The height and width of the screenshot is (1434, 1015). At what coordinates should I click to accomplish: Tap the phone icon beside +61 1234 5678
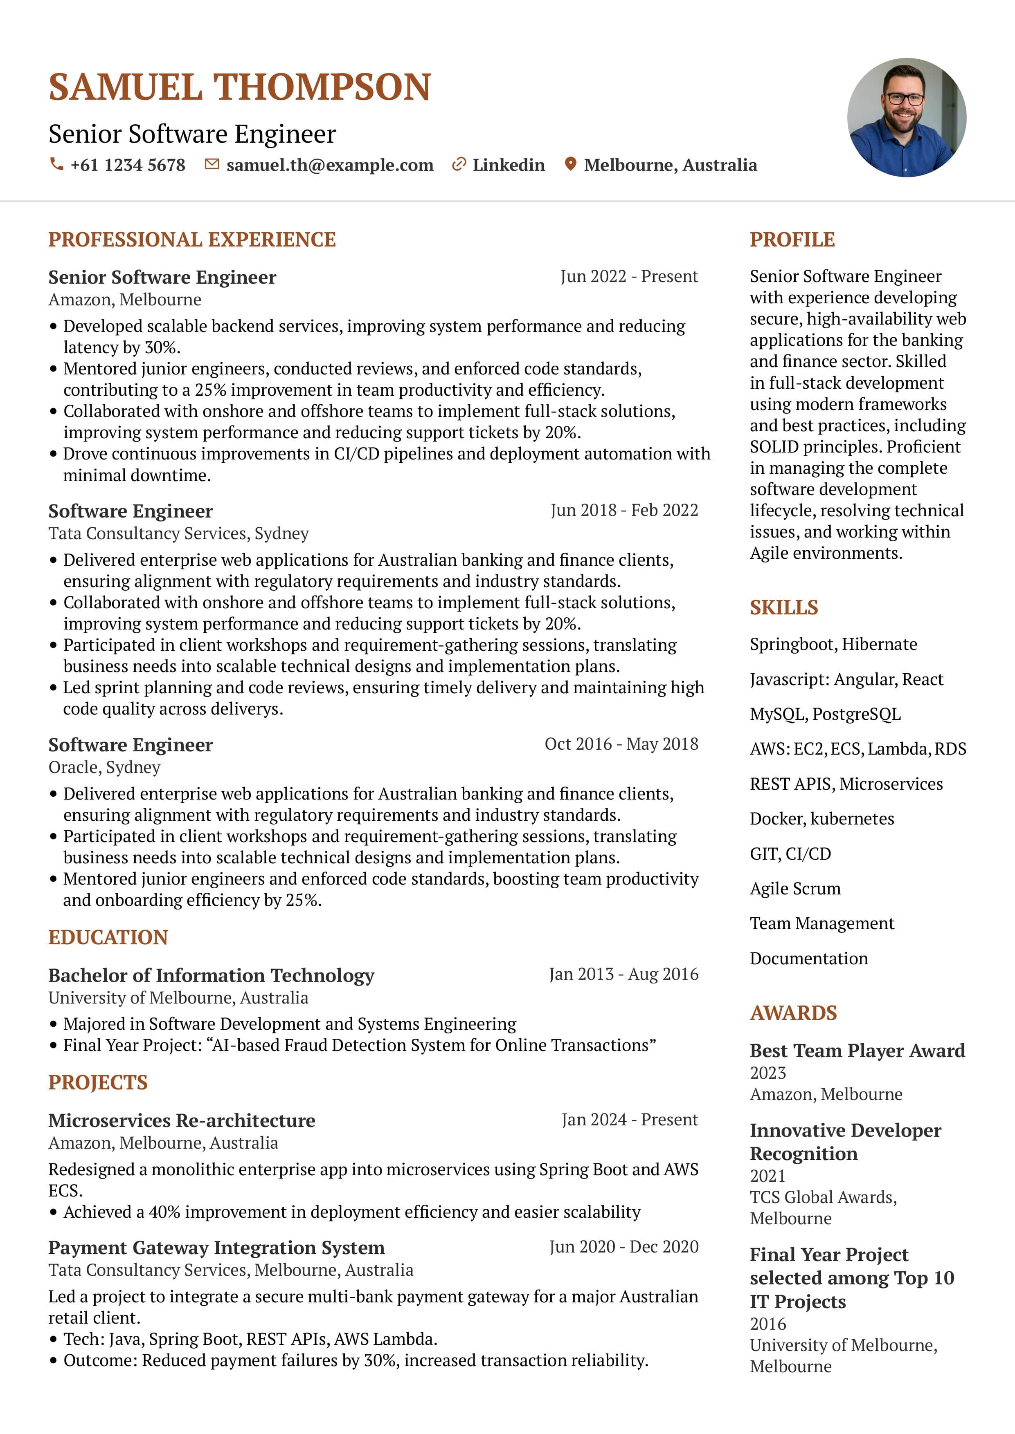coord(56,164)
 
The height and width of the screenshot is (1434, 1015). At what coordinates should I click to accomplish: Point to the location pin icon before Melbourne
coord(570,164)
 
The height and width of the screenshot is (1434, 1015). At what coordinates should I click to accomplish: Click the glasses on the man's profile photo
coord(905,99)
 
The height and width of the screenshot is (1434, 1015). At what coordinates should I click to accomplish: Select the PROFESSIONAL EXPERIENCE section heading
coord(192,240)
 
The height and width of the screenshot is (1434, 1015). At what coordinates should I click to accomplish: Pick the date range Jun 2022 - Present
coord(629,277)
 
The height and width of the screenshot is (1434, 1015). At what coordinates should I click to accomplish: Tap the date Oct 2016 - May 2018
coord(621,744)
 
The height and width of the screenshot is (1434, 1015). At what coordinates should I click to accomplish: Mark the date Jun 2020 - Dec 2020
coord(624,1247)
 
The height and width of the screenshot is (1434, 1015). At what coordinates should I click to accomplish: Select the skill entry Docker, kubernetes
coord(822,819)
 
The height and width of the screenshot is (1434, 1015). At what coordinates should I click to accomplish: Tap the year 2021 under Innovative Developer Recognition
coord(767,1176)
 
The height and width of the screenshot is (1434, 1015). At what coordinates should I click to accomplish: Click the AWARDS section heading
coord(793,1013)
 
